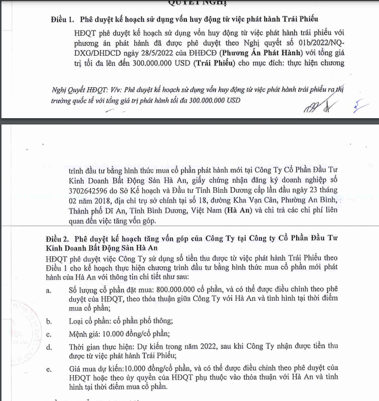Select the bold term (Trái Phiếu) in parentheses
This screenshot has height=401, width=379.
click(217, 62)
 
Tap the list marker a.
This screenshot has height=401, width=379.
click(48, 290)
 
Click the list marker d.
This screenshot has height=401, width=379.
click(48, 347)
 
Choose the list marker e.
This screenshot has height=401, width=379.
click(48, 370)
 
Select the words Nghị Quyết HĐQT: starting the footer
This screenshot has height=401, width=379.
click(76, 90)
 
